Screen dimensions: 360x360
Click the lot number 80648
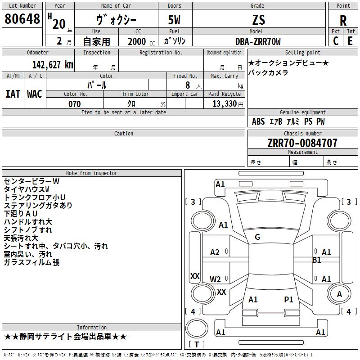22,19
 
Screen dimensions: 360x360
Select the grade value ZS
259,20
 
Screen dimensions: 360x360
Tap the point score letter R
343,21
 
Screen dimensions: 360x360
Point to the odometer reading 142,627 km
53,65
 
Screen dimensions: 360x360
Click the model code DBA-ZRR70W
258,41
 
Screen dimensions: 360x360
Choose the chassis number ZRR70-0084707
302,143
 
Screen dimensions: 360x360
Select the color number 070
75,104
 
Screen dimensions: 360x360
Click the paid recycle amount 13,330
225,103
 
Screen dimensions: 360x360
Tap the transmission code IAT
13,94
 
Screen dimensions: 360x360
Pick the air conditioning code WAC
35,94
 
